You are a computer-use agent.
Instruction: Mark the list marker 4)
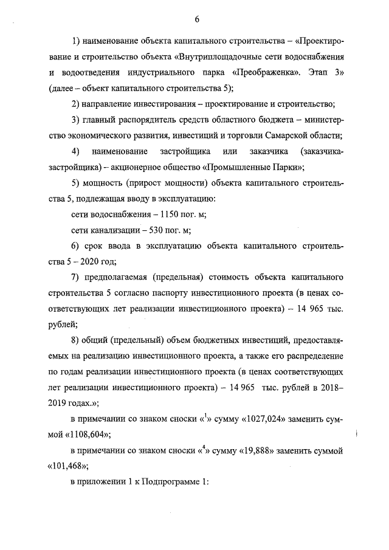(76, 151)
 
